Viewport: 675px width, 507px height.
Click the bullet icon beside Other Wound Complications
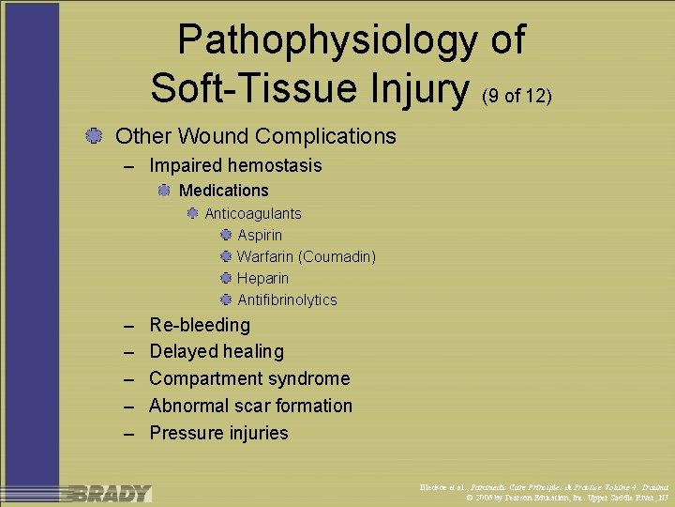tap(93, 136)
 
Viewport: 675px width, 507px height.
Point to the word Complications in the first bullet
tap(325, 137)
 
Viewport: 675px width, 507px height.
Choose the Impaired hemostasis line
tap(235, 166)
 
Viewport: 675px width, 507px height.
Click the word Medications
tap(223, 191)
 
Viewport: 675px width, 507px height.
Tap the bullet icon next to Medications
tap(164, 191)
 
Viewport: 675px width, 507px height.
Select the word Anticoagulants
tap(253, 214)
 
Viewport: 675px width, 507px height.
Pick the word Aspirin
tap(260, 235)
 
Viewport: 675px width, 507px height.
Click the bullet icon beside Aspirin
tap(226, 235)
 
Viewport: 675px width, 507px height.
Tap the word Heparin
tap(262, 278)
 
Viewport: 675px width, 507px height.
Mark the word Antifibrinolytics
tap(287, 300)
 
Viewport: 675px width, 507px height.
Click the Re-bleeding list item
tap(200, 325)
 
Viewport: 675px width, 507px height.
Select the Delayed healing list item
tap(216, 352)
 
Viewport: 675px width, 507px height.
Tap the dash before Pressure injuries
tap(129, 434)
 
